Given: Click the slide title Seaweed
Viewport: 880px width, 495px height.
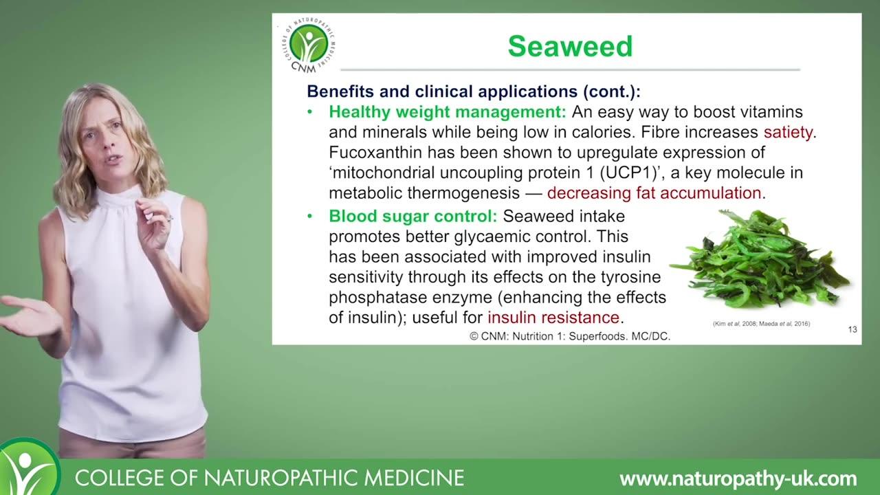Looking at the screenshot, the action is point(570,46).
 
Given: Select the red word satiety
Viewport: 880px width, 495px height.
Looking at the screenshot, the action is point(788,133).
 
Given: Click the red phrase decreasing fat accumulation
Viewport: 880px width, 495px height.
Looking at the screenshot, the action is point(654,193).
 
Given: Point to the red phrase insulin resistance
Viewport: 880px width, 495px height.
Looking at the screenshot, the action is point(553,318).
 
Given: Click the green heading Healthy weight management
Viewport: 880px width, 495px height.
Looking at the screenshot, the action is point(448,112).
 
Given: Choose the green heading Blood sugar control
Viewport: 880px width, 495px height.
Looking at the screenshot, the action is point(413,216).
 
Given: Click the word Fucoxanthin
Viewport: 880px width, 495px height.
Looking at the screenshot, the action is point(375,153).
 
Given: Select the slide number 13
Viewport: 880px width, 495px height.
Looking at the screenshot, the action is point(852,329).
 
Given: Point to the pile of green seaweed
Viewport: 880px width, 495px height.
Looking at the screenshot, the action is point(760,259).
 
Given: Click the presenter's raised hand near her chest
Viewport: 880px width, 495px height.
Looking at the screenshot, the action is point(155,222).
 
